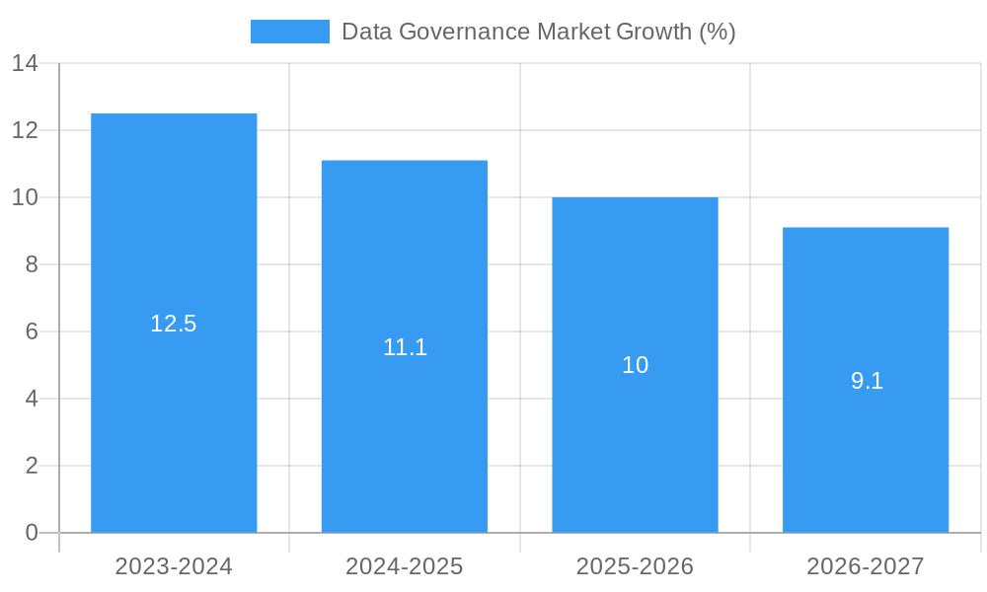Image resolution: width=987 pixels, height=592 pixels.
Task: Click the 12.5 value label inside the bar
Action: pos(174,324)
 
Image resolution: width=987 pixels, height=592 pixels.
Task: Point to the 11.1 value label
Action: pos(405,347)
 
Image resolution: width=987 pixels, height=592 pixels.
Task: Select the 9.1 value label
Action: pos(867,381)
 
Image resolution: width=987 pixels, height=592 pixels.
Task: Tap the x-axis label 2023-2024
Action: pos(174,566)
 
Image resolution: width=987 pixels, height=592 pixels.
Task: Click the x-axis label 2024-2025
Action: pos(405,566)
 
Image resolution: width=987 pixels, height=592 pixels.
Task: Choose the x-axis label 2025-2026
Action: pos(635,566)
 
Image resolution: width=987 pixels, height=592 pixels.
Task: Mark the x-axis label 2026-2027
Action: pos(866,566)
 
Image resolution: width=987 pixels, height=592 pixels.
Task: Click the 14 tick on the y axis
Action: pos(25,64)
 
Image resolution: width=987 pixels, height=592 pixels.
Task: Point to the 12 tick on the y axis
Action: pos(25,131)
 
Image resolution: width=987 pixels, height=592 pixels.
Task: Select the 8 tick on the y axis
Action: pos(32,265)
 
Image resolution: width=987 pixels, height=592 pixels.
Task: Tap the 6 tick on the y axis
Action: pos(32,333)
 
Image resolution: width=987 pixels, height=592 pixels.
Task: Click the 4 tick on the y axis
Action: pos(32,400)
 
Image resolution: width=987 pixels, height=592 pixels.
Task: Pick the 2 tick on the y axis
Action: pos(32,466)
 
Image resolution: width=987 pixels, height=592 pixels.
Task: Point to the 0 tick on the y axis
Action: pos(32,533)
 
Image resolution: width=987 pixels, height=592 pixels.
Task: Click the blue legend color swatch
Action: pos(290,32)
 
